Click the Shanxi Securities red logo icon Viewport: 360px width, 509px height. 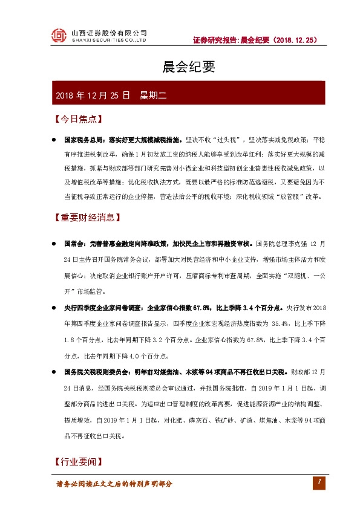pos(57,36)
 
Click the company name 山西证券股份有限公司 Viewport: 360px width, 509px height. pos(109,33)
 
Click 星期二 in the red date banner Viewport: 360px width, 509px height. pos(157,95)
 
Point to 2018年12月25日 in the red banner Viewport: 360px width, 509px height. pos(93,95)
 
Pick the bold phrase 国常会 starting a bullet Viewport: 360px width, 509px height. pos(73,244)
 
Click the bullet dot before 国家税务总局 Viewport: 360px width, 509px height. pos(54,138)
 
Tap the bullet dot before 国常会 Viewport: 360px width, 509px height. pos(54,244)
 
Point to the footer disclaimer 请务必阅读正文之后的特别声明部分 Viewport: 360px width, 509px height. pos(114,484)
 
